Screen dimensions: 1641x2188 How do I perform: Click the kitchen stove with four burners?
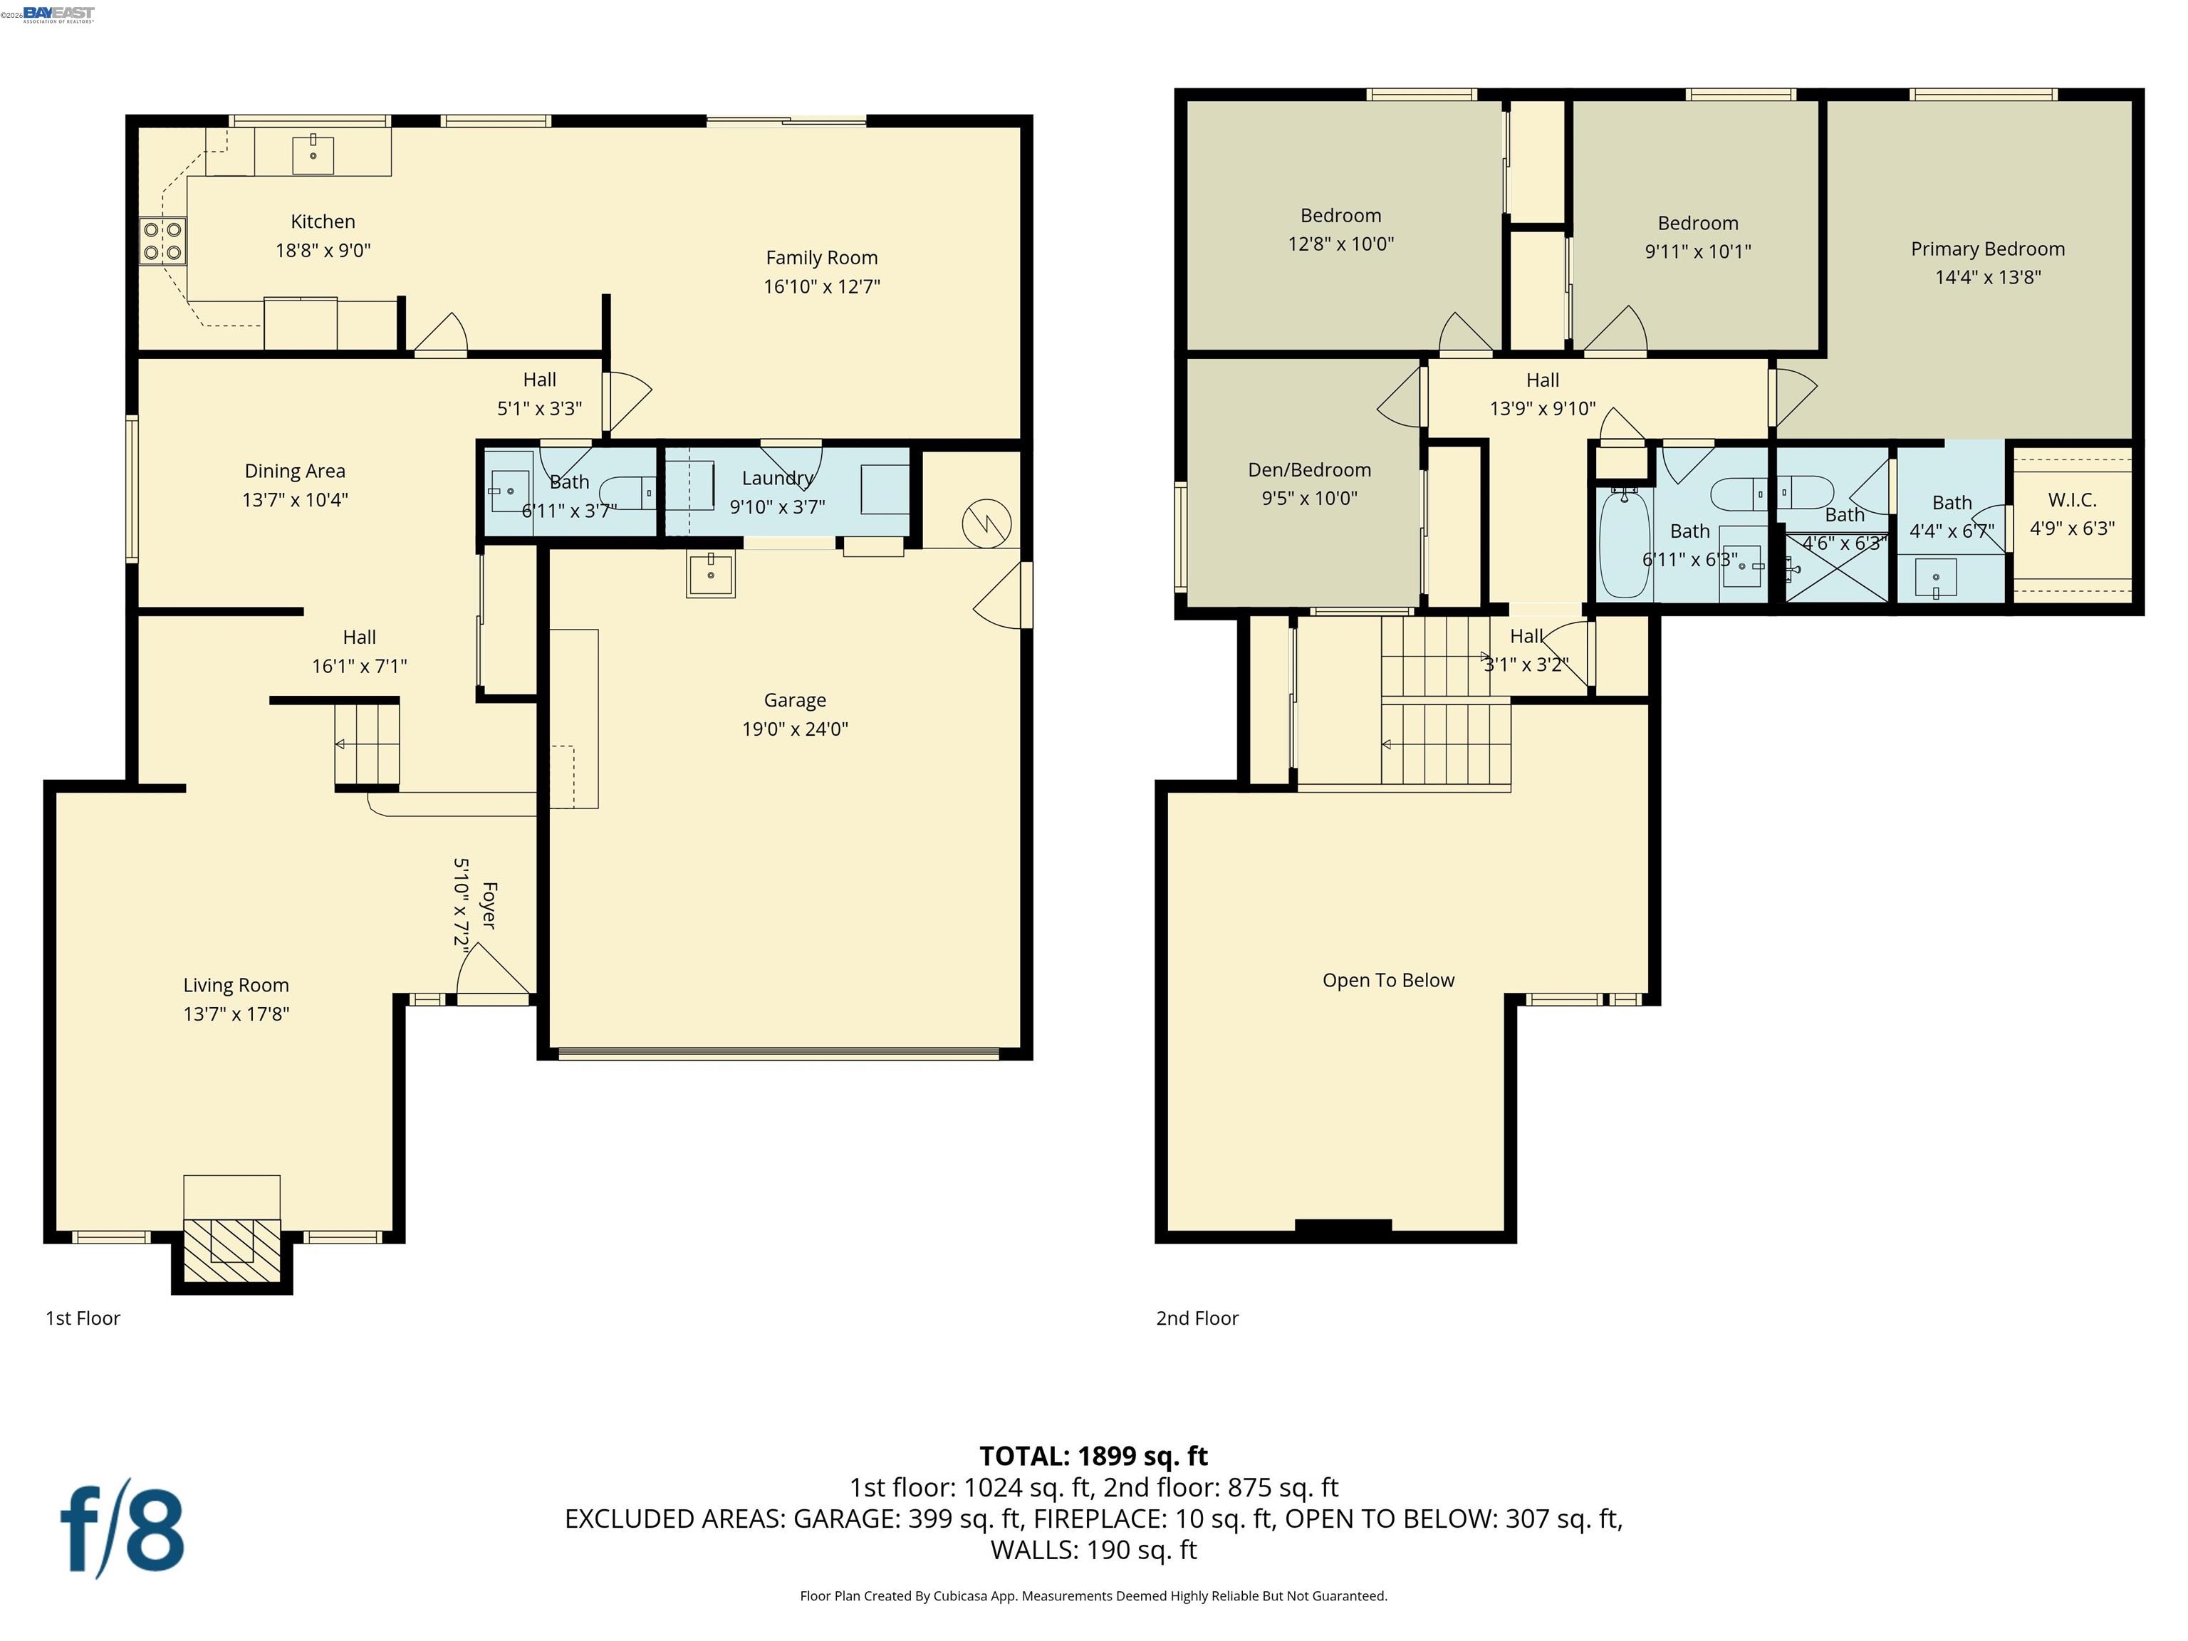162,240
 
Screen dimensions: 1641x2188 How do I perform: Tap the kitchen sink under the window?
313,155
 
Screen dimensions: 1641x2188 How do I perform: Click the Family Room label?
821,258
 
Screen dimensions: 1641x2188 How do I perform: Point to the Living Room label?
236,985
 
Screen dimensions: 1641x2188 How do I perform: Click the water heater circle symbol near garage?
986,521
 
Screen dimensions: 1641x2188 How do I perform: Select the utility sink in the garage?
710,573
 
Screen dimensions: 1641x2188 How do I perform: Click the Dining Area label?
295,472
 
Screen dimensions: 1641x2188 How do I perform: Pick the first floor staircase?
366,744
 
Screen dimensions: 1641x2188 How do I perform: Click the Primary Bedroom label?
1987,249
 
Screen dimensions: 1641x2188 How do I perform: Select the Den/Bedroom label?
1308,470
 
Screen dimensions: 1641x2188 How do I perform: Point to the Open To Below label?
1387,980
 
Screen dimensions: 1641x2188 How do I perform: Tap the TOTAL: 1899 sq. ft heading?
1093,1456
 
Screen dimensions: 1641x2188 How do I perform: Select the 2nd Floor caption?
1197,1318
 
